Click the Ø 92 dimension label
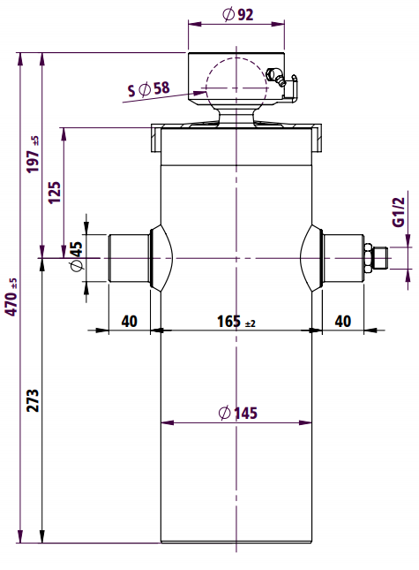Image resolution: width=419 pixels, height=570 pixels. click(237, 14)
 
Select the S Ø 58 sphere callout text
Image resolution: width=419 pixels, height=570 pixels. click(149, 88)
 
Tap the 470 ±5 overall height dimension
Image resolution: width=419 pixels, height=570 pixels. click(11, 297)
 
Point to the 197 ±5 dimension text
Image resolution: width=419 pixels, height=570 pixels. click(33, 155)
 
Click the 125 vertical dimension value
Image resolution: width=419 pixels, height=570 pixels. click(55, 193)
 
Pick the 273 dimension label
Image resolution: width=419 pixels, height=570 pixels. click(33, 400)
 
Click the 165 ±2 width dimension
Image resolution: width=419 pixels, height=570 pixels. click(236, 322)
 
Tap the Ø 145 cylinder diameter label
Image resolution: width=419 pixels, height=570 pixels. click(238, 413)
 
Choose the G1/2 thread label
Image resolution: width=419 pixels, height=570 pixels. click(399, 212)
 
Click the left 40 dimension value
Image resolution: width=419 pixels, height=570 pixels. click(130, 322)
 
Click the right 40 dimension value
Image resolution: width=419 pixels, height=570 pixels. click(343, 322)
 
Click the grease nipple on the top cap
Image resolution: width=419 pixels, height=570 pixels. click(276, 76)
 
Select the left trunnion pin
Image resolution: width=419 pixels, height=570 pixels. click(130, 258)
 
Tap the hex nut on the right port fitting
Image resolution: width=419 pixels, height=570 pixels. click(368, 258)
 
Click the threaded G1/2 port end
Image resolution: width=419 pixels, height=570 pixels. click(380, 258)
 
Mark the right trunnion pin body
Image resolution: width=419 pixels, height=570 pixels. click(343, 258)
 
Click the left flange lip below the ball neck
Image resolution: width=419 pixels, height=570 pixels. click(156, 139)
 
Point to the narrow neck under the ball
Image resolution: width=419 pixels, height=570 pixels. click(236, 116)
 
